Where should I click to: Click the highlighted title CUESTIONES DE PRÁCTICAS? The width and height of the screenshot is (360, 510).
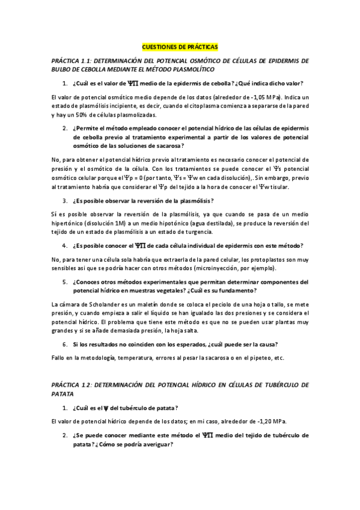pyautogui.click(x=180, y=46)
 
